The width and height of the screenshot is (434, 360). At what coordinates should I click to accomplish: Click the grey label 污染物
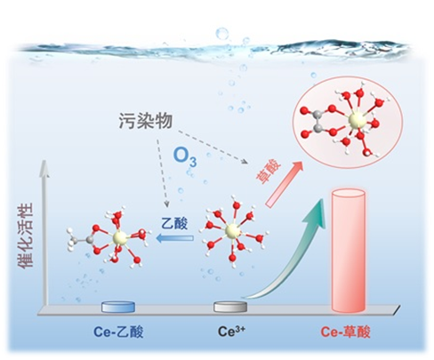point(146,121)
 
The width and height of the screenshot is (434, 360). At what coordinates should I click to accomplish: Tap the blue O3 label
point(185,156)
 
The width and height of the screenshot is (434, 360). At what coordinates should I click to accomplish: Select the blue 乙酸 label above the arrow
point(174,223)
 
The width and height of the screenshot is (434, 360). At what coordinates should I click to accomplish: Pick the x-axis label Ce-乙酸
point(118,332)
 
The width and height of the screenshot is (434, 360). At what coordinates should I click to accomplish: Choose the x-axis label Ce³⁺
point(232,331)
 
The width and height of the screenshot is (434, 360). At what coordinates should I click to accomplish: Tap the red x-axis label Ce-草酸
point(346,332)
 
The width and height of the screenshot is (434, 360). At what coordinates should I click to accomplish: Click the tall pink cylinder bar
point(348,251)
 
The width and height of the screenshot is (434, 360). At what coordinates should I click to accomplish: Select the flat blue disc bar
point(118,307)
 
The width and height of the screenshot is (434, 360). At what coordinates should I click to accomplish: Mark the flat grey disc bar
point(230,307)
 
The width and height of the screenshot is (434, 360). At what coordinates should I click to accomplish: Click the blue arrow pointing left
point(175,238)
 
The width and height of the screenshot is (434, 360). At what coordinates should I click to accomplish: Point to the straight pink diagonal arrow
point(284,184)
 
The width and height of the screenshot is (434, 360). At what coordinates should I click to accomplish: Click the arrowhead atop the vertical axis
point(44,169)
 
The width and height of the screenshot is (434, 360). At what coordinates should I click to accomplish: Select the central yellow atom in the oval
point(356,120)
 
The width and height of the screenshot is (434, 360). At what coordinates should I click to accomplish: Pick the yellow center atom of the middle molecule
point(232,231)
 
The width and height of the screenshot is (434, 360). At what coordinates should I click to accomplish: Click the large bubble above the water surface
point(222,33)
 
